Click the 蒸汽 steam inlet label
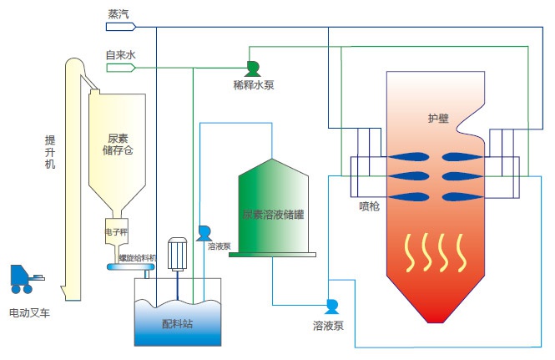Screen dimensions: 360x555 click(119, 13)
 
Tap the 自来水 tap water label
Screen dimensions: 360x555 click(119, 55)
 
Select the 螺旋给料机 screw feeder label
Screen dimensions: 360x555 click(138, 258)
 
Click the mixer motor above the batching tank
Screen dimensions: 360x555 click(177, 254)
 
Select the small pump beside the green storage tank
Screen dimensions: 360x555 click(204, 234)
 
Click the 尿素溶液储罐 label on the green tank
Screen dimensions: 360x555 click(273, 215)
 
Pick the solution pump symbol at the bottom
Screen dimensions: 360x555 click(331, 306)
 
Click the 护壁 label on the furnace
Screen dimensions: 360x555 click(436, 119)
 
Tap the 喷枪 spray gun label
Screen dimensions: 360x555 click(369, 206)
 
